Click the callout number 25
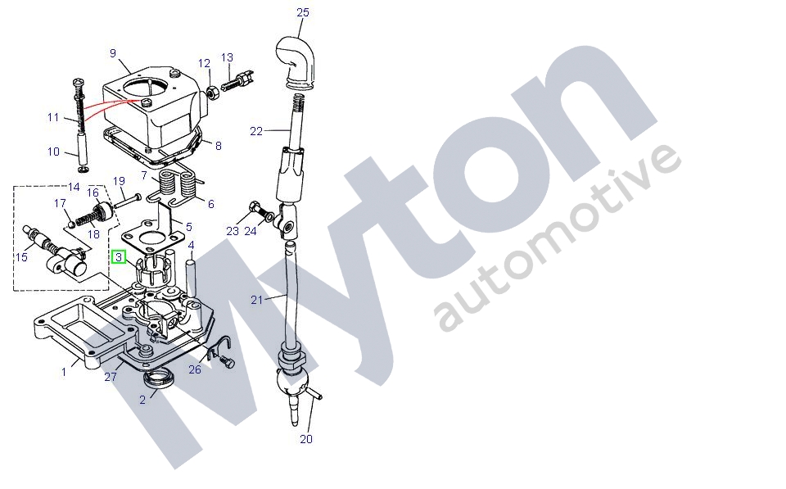[x=303, y=12]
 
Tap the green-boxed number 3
[x=119, y=257]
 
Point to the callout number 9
[x=113, y=52]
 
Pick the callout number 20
[x=305, y=439]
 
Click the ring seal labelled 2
[x=160, y=379]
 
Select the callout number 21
[x=256, y=300]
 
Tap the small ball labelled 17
[x=71, y=223]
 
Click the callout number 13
[x=227, y=57]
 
